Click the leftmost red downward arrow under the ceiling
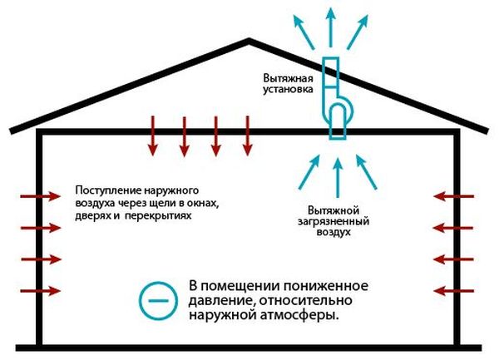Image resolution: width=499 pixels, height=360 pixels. pos(151,136)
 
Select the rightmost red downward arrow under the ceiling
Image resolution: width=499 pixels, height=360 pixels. pos(246,136)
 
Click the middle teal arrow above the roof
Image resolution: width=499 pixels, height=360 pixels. pos(331,25)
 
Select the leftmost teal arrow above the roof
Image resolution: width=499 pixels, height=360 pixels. pos(301,31)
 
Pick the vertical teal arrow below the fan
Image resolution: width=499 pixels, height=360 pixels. pos(336,179)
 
